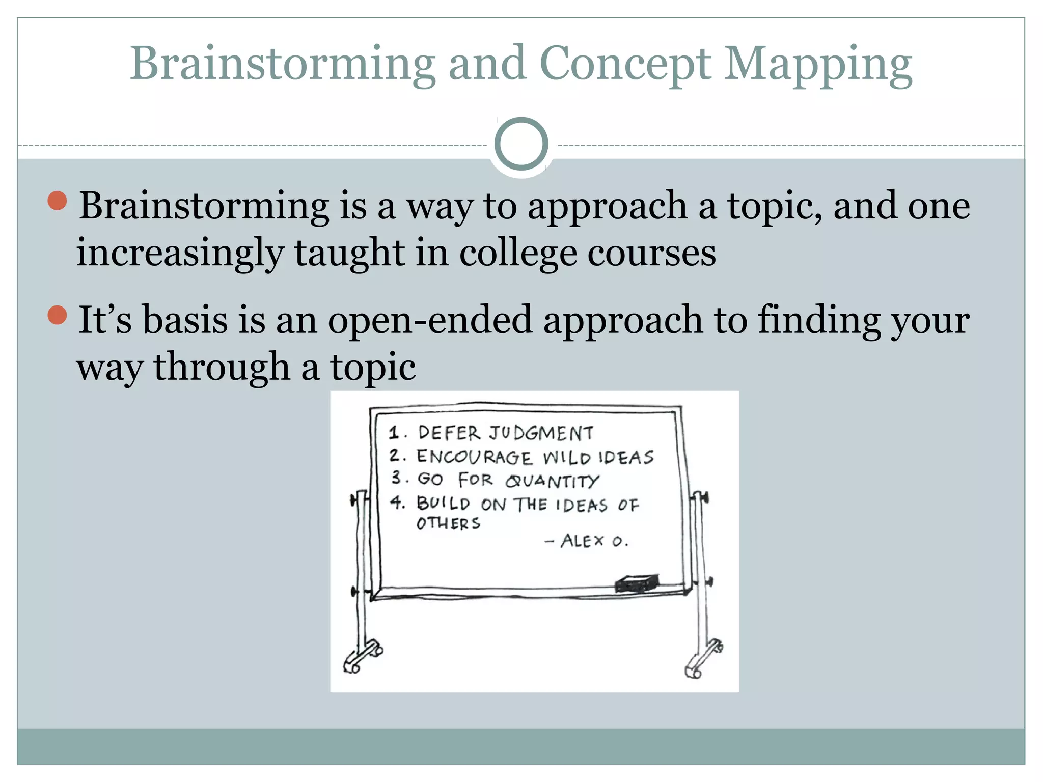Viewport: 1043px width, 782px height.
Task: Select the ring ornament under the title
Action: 521,144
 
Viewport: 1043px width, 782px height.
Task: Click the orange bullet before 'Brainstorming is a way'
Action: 57,201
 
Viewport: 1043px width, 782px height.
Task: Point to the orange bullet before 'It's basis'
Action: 57,315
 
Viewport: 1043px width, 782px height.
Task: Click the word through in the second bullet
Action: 222,367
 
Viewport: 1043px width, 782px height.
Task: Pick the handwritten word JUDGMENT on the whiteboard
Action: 541,433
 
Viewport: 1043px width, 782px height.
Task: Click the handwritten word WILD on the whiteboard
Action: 566,457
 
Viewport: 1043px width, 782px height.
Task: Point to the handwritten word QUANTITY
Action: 552,481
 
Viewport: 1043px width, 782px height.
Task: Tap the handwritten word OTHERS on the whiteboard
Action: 448,524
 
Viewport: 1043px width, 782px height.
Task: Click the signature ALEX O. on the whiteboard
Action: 594,541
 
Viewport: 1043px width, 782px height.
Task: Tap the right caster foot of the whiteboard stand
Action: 703,660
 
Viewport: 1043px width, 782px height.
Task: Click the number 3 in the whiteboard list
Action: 397,478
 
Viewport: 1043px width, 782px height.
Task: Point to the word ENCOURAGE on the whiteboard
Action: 474,457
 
